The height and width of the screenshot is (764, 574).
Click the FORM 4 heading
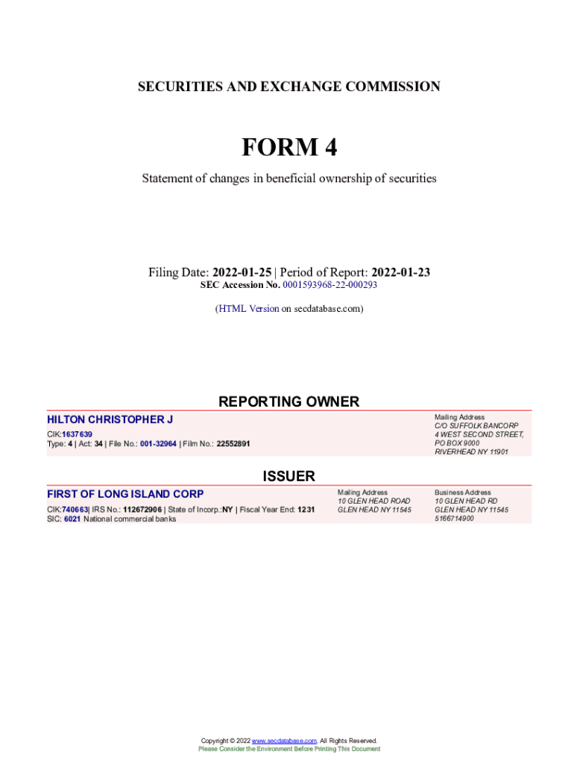click(288, 148)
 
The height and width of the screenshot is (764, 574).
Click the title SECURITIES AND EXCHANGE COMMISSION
click(288, 87)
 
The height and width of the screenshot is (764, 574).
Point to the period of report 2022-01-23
click(400, 273)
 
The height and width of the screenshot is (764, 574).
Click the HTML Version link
click(249, 308)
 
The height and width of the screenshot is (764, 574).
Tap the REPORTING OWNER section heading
click(288, 402)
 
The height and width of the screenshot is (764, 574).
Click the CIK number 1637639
click(78, 434)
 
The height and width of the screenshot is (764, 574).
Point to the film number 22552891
click(233, 444)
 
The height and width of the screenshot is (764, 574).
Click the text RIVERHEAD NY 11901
click(471, 452)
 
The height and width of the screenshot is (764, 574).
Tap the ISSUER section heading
click(288, 476)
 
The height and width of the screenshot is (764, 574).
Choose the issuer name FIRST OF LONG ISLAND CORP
click(125, 494)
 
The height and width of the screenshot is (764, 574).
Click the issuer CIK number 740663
click(75, 510)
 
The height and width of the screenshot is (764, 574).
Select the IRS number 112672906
click(141, 510)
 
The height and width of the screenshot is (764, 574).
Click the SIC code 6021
click(72, 519)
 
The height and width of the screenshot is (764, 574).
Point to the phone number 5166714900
click(454, 519)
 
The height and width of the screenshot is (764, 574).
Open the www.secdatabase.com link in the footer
click(285, 741)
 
